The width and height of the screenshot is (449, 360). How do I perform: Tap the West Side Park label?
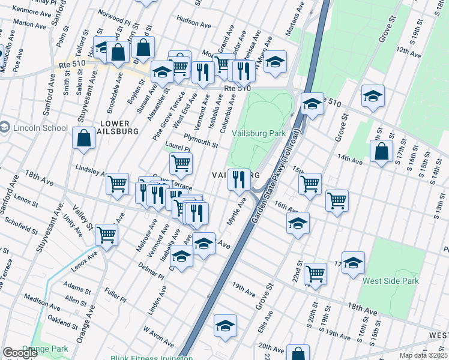pos(390,280)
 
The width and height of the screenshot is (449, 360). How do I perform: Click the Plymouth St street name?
pos(200,140)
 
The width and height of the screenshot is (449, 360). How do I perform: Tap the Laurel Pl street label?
pos(177,147)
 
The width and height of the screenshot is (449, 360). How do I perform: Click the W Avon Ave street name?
pos(158,336)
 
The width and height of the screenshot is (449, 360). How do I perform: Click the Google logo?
pos(20,353)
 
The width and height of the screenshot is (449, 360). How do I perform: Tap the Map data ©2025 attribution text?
pos(423,355)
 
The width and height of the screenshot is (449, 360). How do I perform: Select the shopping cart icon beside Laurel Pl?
pos(181,162)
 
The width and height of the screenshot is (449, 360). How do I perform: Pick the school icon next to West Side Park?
pos(354,262)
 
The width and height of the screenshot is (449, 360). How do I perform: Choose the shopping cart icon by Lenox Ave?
pos(107,235)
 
